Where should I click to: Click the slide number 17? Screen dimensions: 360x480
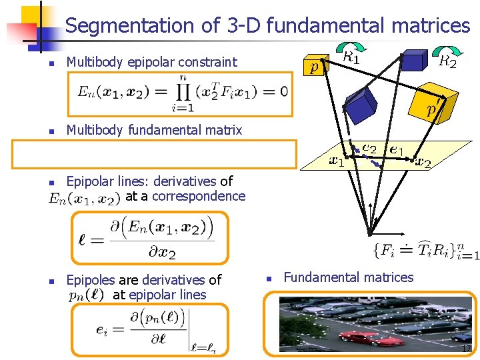click(x=466, y=349)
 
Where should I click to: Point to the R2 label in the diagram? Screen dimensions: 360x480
click(x=447, y=63)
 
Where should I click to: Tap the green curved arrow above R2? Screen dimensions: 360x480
click(x=442, y=49)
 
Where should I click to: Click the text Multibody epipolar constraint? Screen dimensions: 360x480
click(x=151, y=62)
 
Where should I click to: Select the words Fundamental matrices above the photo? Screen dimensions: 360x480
click(x=349, y=277)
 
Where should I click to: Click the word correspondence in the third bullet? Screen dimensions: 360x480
click(x=201, y=196)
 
